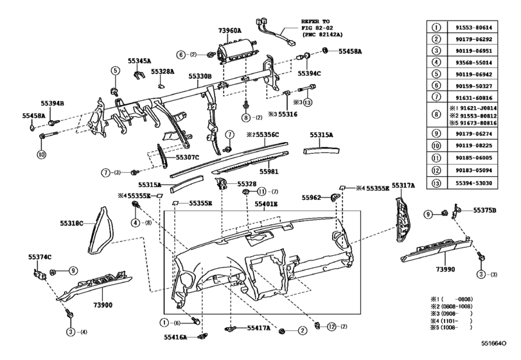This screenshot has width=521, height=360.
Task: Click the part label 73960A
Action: (231, 30)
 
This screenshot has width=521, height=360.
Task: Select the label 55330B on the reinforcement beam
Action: (200, 76)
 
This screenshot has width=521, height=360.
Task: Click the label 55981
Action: (269, 172)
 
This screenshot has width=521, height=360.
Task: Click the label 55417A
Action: (259, 328)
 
